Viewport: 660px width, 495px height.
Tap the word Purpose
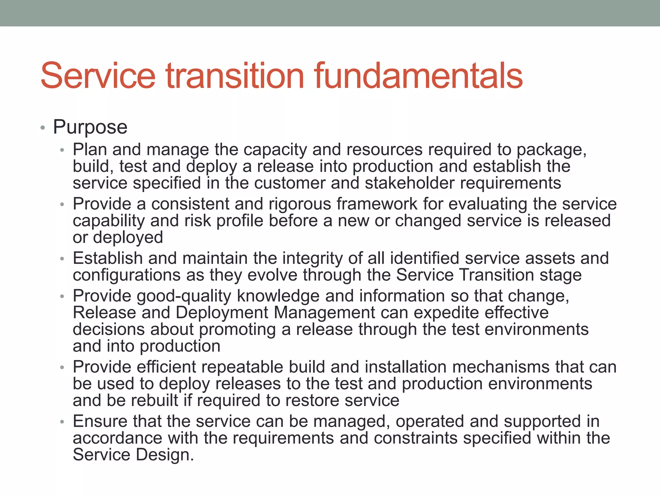90,127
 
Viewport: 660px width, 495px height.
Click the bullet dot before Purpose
43,128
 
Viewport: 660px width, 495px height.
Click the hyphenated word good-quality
184,296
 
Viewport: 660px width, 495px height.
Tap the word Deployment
222,313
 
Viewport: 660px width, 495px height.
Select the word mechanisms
488,367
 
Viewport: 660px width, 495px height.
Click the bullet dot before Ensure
62,422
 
